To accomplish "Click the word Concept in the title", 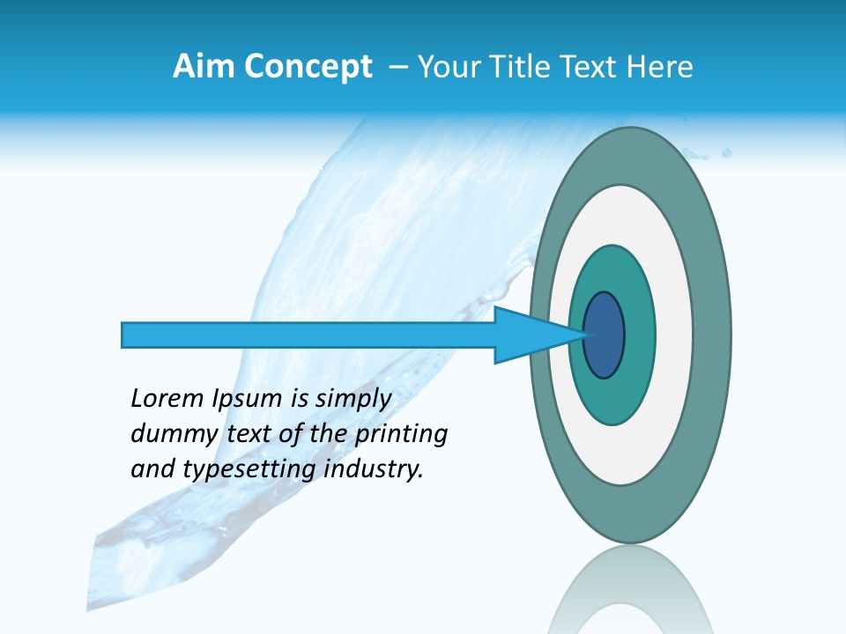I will (308, 67).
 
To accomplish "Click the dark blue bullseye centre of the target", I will (605, 335).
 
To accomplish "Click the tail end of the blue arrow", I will (124, 335).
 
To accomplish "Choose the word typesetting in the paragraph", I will (249, 470).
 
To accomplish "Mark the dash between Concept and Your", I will (397, 67).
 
